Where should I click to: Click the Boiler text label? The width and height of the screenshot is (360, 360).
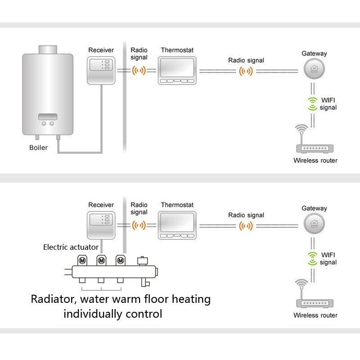[x=38, y=148]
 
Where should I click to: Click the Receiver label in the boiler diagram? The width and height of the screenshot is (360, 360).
[x=101, y=50]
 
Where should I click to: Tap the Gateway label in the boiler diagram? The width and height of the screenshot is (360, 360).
[x=314, y=54]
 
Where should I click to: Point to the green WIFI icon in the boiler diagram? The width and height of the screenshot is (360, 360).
[x=311, y=103]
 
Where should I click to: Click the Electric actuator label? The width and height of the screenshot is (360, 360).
[x=71, y=247]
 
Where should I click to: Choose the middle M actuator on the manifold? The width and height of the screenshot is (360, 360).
[x=101, y=260]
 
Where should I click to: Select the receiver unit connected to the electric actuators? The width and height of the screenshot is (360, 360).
[x=101, y=225]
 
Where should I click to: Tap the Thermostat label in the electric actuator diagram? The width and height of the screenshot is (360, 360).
[x=177, y=205]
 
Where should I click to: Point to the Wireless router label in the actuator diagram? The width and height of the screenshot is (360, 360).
[x=315, y=315]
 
